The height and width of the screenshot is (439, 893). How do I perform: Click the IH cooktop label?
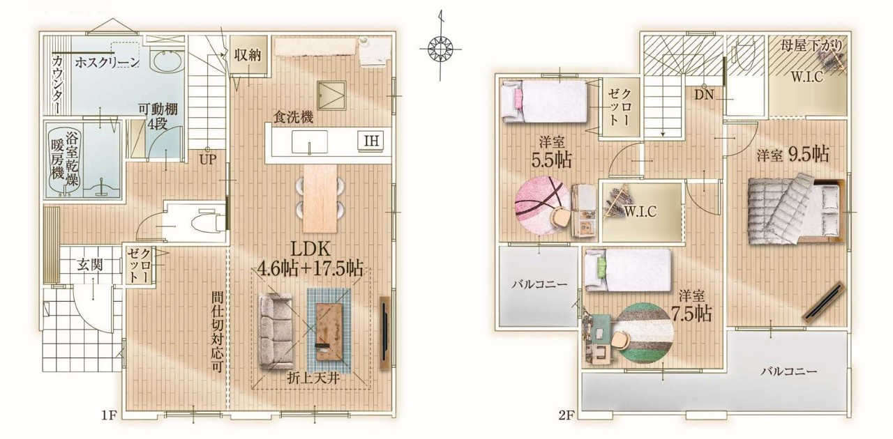tap(372, 140)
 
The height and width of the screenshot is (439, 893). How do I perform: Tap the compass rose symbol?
tap(440, 49)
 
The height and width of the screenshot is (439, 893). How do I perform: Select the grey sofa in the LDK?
tap(276, 332)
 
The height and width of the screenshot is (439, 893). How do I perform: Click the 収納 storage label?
tap(248, 55)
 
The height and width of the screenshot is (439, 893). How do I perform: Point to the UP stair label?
tap(208, 160)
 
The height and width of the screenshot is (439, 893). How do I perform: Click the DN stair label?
tap(704, 95)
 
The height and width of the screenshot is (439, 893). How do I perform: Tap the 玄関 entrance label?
tap(90, 265)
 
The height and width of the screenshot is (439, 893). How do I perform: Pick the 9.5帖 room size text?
tap(809, 154)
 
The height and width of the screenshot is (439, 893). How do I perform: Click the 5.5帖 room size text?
tap(551, 160)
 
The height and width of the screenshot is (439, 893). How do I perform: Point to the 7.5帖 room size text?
tap(691, 314)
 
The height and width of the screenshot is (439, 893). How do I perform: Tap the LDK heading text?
tap(310, 249)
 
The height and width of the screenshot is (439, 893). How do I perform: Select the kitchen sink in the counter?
tap(309, 142)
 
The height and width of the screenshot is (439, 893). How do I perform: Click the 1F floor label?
tap(108, 416)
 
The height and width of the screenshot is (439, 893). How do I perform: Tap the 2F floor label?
tap(566, 416)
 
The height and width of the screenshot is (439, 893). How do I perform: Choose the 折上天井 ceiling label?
tap(313, 378)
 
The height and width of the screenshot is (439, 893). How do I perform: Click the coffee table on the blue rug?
tap(329, 332)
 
